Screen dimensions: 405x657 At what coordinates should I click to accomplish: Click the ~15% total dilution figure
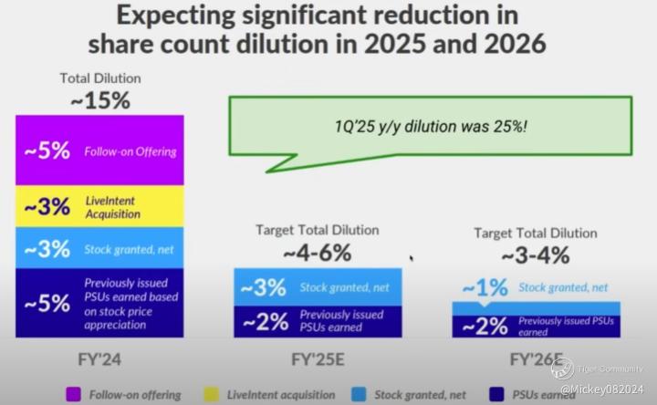click(x=100, y=100)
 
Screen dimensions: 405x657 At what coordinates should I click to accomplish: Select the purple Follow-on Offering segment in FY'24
click(x=100, y=151)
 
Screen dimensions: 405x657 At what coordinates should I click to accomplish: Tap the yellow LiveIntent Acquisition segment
click(x=100, y=207)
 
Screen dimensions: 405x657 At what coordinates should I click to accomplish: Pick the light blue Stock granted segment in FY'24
click(x=100, y=248)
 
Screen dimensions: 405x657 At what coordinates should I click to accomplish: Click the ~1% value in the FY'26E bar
click(x=485, y=288)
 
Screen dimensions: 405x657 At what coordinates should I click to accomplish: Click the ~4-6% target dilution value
click(x=317, y=252)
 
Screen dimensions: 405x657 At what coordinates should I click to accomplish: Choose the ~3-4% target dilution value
click(x=536, y=255)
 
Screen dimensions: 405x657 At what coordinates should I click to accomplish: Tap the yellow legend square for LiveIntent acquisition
click(x=211, y=395)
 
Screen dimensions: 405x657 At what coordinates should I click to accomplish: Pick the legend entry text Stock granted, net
click(x=421, y=395)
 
